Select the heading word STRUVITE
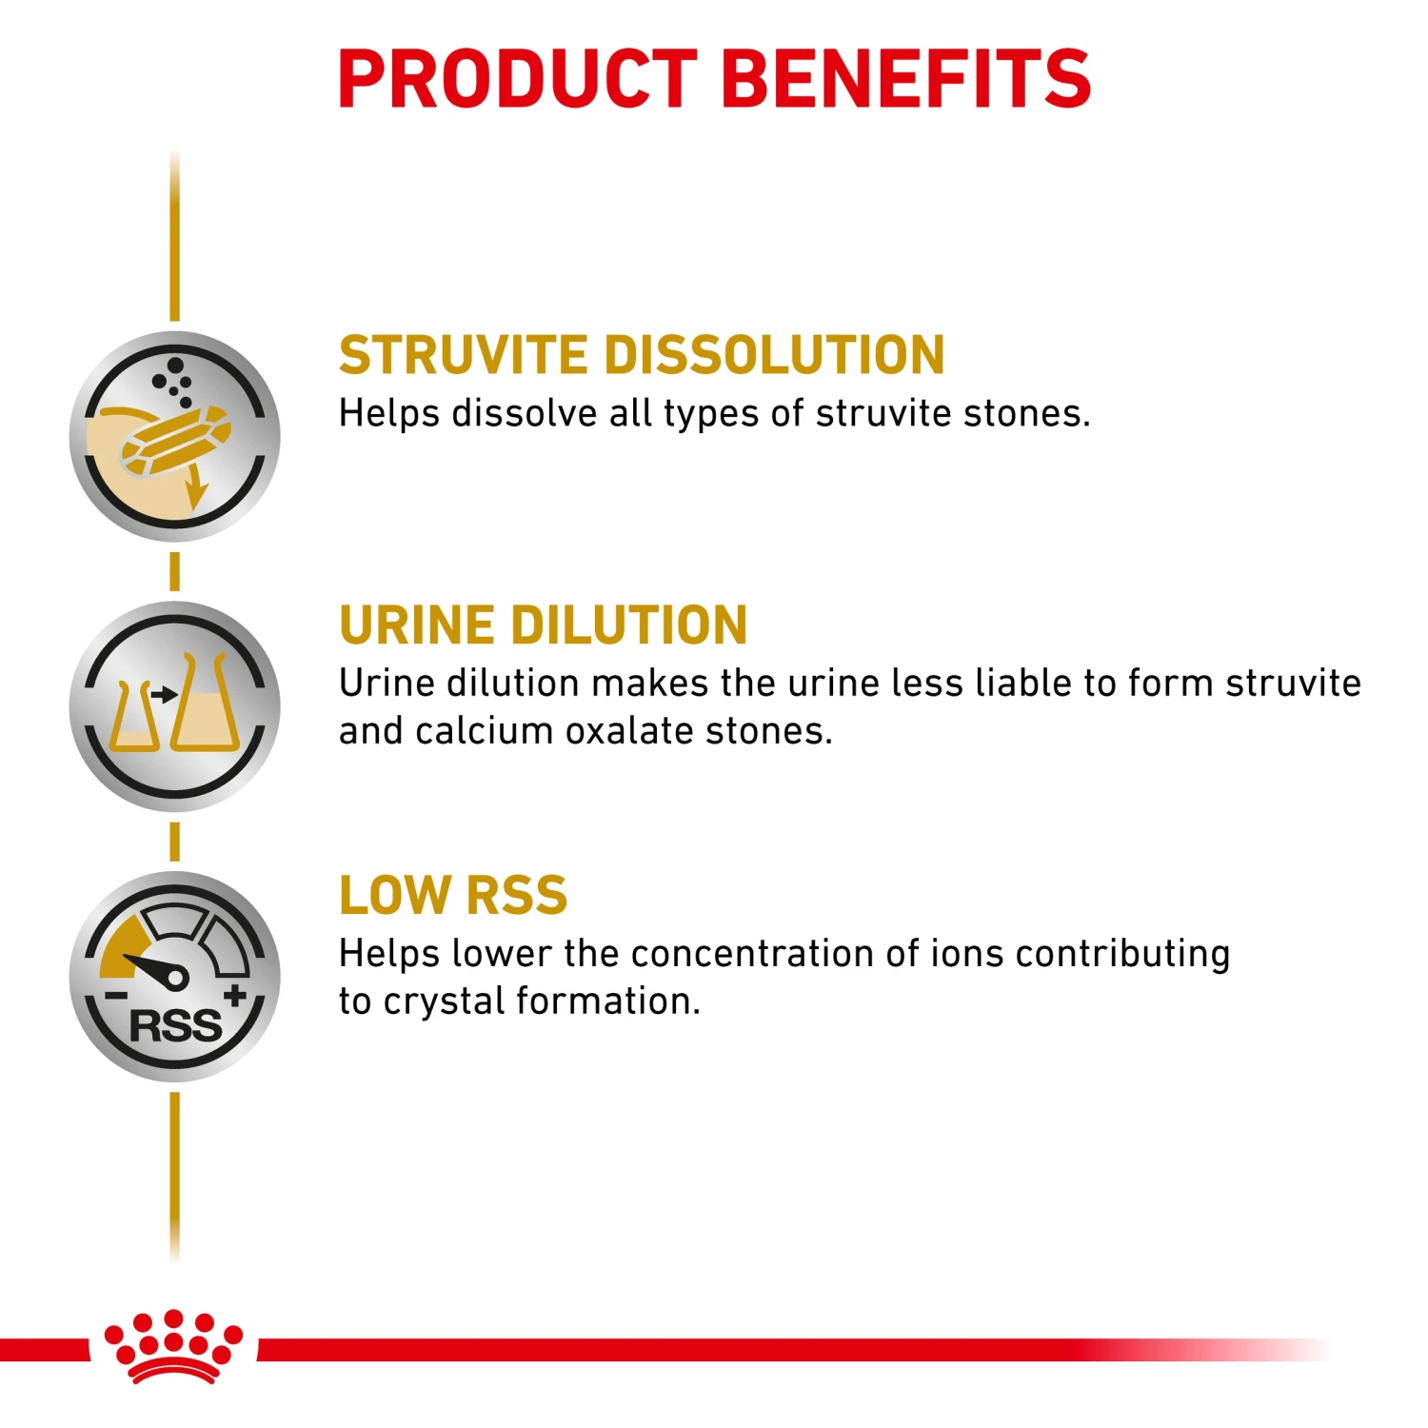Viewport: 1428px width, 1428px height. [x=464, y=356]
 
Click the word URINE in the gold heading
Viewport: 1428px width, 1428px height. [x=416, y=626]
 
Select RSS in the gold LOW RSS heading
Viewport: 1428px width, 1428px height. [x=517, y=897]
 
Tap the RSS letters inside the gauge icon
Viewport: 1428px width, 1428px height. [x=175, y=1026]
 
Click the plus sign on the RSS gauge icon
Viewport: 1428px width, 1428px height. [x=234, y=996]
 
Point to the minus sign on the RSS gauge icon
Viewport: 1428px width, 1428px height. [x=116, y=997]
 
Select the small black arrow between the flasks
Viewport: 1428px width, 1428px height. [x=165, y=695]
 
